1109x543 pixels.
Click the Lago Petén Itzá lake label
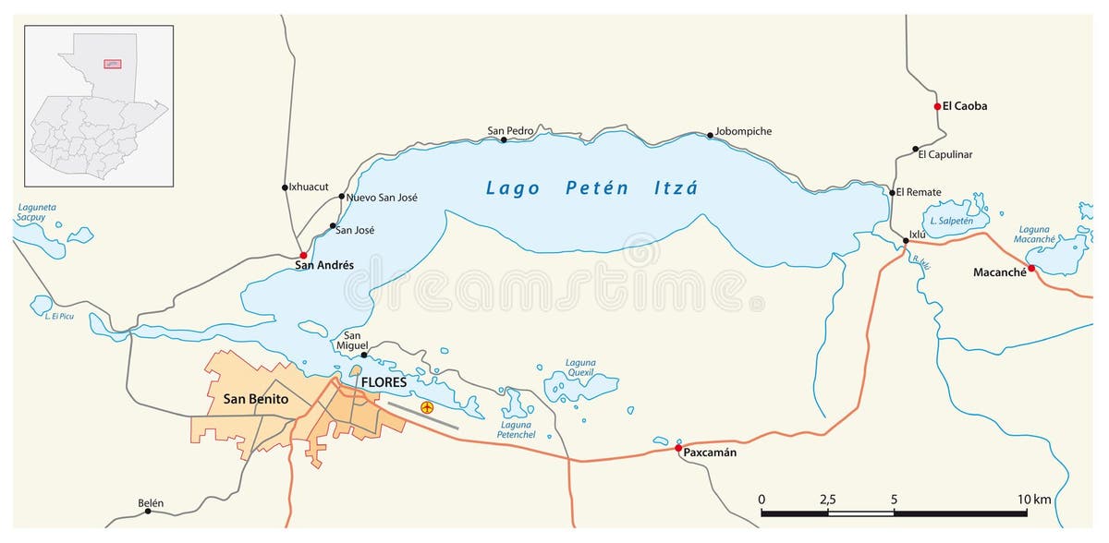[591, 188]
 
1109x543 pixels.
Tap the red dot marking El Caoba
[937, 106]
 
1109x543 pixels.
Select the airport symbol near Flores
[427, 407]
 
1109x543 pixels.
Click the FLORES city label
[384, 382]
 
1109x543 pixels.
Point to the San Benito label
[256, 399]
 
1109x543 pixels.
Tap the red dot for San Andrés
[303, 255]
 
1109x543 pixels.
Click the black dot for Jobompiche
[711, 136]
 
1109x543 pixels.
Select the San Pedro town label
[510, 131]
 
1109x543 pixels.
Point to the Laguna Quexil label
[581, 368]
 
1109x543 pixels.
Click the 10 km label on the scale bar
[1034, 500]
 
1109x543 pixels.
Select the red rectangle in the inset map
[112, 64]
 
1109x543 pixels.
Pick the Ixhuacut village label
[309, 187]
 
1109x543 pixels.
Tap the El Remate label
[919, 192]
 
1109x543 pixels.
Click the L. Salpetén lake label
[952, 221]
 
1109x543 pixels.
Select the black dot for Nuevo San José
[342, 196]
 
